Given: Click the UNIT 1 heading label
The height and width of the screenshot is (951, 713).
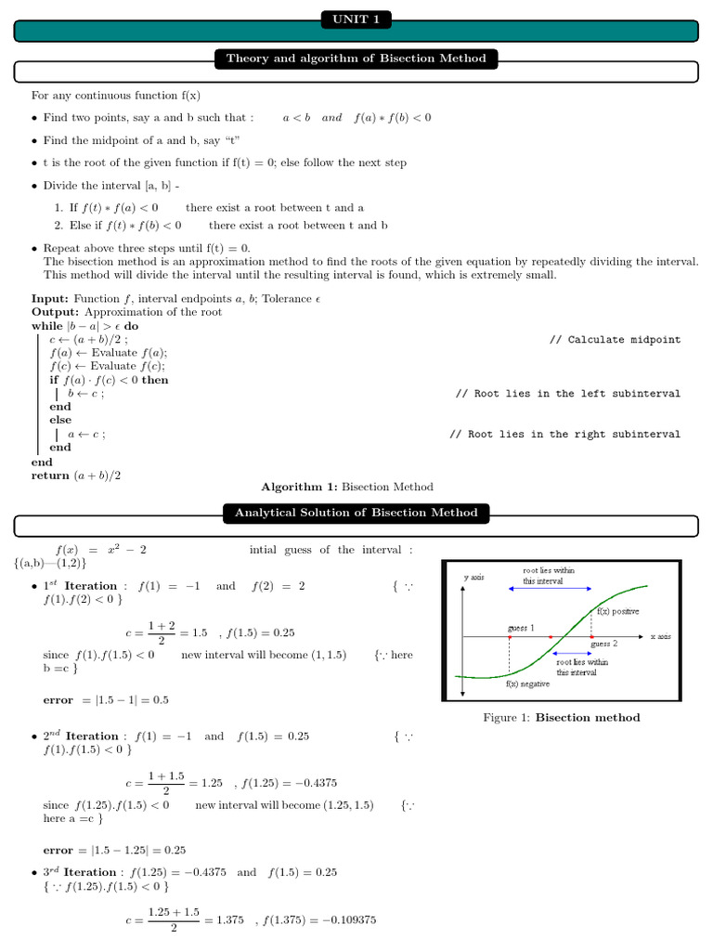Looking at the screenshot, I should (356, 20).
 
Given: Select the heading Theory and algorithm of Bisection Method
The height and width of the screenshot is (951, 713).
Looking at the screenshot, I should (356, 59).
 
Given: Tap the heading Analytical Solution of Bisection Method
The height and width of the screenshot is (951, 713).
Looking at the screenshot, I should (356, 513).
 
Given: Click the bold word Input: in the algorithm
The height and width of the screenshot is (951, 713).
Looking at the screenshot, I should (50, 298).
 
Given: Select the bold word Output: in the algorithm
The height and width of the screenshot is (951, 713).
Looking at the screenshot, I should (55, 312).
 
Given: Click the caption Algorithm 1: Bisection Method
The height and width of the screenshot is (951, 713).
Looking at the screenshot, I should (346, 487).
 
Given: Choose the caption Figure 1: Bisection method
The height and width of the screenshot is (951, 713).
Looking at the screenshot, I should (561, 717).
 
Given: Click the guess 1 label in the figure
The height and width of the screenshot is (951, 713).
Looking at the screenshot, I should (521, 629).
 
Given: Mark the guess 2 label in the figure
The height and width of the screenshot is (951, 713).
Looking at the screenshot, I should (603, 644).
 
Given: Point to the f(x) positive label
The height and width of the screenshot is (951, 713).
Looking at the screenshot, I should (617, 612).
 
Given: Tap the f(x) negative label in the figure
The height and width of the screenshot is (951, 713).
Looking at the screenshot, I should (527, 684).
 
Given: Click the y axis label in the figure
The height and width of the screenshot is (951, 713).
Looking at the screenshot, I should (473, 578).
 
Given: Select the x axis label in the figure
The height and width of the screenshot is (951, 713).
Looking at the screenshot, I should (660, 636).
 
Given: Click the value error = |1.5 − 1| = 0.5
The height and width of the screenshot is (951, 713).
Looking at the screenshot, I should (106, 700).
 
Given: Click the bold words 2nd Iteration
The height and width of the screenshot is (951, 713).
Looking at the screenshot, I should (81, 736).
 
